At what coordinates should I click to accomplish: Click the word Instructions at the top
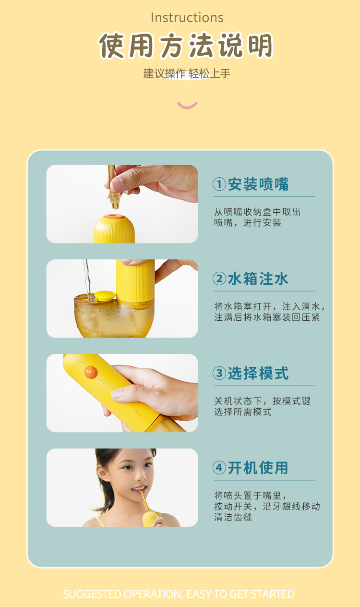(187, 18)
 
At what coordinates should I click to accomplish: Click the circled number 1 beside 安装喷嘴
(219, 184)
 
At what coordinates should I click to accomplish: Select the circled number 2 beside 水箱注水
(219, 279)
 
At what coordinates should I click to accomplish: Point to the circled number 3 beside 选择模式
(219, 373)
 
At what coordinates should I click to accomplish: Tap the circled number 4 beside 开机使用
(219, 468)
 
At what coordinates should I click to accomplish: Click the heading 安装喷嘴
(258, 184)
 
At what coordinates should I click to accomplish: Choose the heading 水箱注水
(258, 279)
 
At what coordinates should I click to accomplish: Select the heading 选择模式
(258, 373)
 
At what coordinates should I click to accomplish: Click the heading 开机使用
(258, 468)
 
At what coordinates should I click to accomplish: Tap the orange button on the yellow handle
(91, 372)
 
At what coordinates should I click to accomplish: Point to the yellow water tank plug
(104, 295)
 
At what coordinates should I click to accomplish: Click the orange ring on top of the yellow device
(115, 217)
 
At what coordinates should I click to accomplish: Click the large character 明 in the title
(260, 46)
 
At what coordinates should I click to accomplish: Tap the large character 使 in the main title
(112, 46)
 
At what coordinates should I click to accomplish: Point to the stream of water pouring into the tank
(87, 279)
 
